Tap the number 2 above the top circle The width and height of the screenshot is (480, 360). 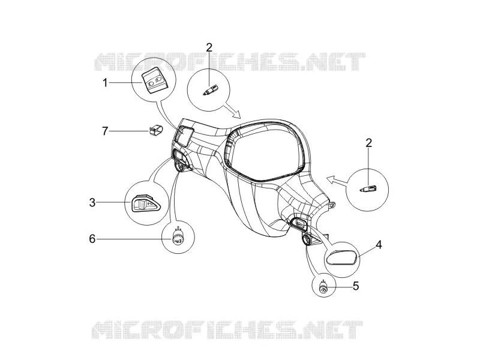[209, 47]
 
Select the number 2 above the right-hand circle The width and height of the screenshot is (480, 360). [369, 143]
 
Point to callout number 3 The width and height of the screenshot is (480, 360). [92, 202]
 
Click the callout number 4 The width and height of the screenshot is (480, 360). [379, 245]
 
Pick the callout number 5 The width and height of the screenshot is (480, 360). [356, 286]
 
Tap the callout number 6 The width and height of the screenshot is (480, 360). [92, 238]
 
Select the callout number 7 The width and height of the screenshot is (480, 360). [105, 131]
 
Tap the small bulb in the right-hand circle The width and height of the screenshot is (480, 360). [368, 188]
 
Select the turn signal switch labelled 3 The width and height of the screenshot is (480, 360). [145, 203]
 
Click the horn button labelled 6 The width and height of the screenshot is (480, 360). [178, 238]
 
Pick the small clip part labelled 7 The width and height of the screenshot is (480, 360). [156, 130]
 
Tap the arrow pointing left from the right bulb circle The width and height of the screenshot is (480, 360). [337, 181]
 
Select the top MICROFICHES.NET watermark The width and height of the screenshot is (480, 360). [230, 62]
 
